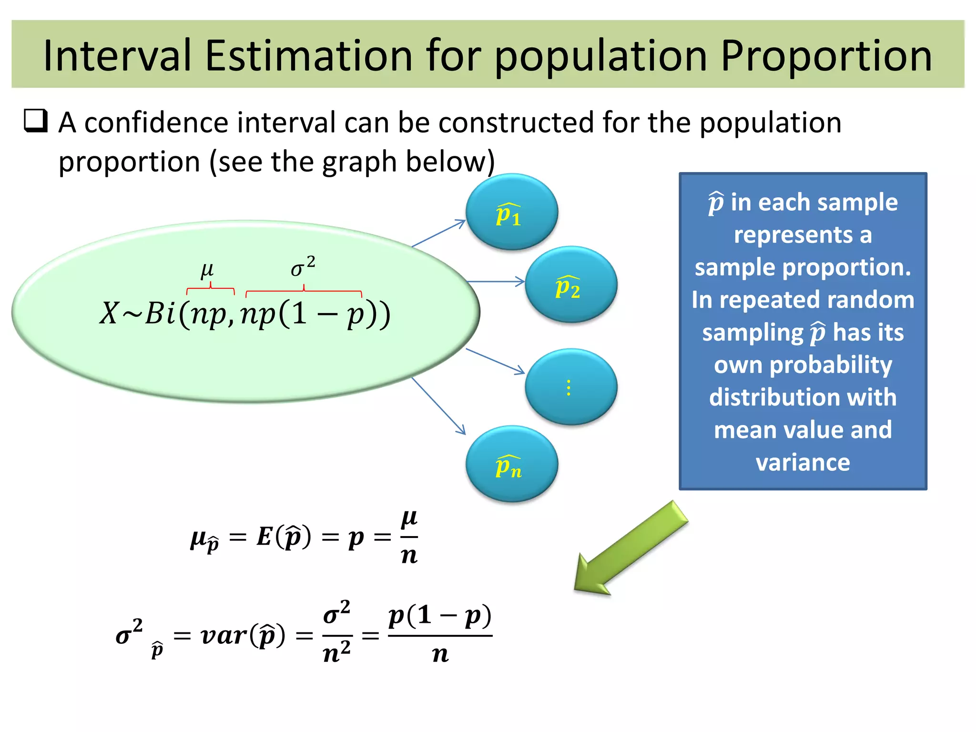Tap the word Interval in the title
tap(117, 56)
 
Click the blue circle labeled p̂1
tap(511, 212)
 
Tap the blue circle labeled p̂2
tap(570, 285)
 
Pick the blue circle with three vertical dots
tap(570, 387)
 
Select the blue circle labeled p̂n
tap(511, 464)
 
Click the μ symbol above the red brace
tap(207, 270)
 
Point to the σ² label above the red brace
tap(303, 267)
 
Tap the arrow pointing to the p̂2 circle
tap(496, 282)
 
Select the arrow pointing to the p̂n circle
tap(438, 406)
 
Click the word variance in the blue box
tap(803, 463)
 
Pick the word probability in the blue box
tap(803, 366)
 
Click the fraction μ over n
tap(409, 537)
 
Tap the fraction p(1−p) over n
tap(439, 635)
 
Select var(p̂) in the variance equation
tap(243, 636)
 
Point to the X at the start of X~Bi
tap(109, 314)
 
